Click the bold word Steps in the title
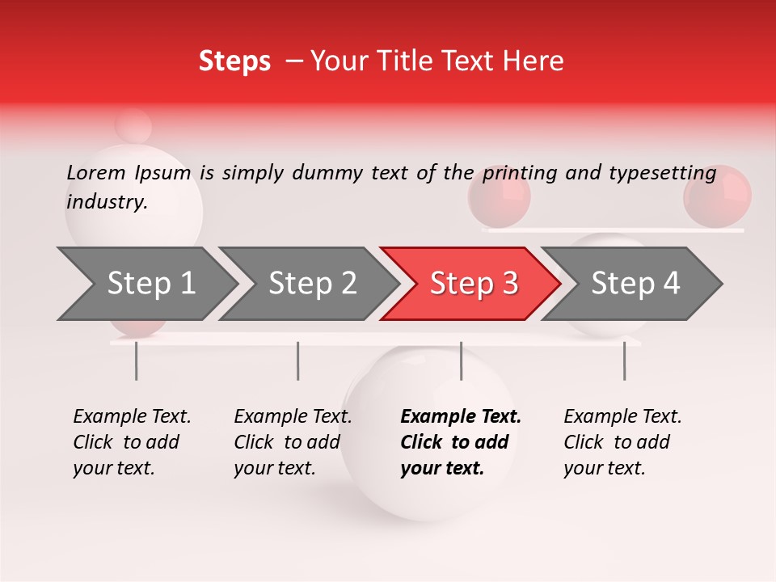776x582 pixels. pyautogui.click(x=234, y=61)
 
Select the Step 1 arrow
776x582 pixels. pyautogui.click(x=145, y=284)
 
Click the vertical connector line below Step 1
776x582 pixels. pyautogui.click(x=136, y=361)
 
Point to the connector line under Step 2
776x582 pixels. pyautogui.click(x=298, y=361)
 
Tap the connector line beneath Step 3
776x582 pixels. pyautogui.click(x=461, y=361)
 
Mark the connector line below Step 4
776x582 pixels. pyautogui.click(x=624, y=361)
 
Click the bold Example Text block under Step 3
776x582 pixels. pyautogui.click(x=461, y=442)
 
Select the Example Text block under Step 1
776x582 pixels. pyautogui.click(x=132, y=442)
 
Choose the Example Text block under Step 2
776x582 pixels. pyautogui.click(x=293, y=442)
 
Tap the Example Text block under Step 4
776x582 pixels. pyautogui.click(x=622, y=442)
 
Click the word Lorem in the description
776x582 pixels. pyautogui.click(x=95, y=173)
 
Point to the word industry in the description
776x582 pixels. pyautogui.click(x=106, y=202)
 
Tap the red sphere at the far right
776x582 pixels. pyautogui.click(x=717, y=196)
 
